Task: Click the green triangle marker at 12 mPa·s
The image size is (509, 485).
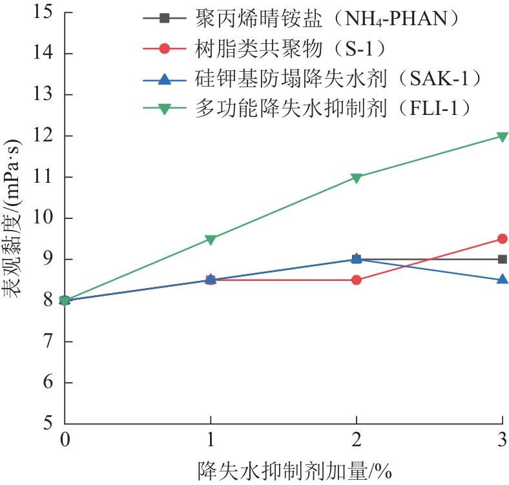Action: coord(502,136)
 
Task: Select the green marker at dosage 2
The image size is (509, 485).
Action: coord(357,178)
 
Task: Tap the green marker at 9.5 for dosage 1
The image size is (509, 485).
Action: coord(211,239)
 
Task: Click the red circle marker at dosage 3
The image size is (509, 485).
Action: coord(502,239)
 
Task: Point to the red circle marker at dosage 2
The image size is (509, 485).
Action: coord(357,280)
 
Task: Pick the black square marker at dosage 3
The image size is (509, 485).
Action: coord(502,259)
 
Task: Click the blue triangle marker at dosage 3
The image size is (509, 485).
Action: coord(502,279)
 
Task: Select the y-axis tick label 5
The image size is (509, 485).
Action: coord(48,424)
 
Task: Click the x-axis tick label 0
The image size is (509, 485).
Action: coord(65,440)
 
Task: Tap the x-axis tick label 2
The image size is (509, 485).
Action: coord(357,440)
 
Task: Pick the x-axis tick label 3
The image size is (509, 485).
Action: coord(502,440)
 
